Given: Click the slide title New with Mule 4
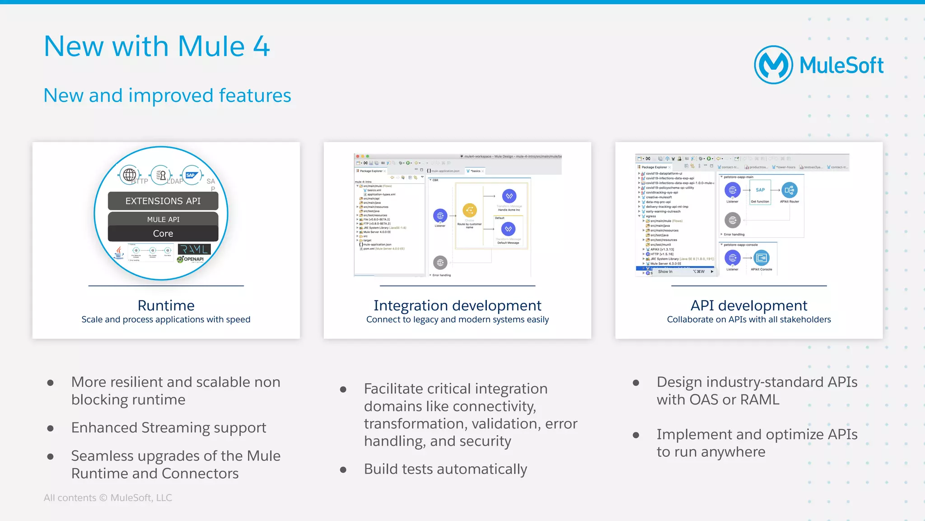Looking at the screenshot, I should tap(157, 47).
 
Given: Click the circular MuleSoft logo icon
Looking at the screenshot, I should tap(773, 65).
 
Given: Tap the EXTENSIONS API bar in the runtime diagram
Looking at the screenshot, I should tap(163, 201).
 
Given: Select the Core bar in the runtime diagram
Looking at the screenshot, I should tap(163, 234).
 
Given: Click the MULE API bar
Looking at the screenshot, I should tap(163, 219).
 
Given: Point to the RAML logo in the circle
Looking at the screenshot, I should tap(194, 249).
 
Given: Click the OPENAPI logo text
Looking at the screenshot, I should tap(193, 259).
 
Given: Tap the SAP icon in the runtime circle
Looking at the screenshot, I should tap(191, 175).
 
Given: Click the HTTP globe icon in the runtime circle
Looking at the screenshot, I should tap(129, 174).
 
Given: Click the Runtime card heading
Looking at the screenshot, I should tap(166, 305).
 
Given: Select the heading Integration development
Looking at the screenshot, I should tap(457, 305).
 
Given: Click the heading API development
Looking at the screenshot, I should tap(748, 305).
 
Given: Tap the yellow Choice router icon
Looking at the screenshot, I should tap(470, 211).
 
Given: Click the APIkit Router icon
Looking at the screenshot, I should tap(790, 190).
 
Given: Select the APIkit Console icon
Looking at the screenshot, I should tap(761, 258).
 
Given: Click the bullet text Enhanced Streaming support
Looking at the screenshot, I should tap(168, 427).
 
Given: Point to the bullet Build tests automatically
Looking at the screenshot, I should tap(445, 469).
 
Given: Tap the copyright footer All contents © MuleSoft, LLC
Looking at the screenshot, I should tap(108, 498).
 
